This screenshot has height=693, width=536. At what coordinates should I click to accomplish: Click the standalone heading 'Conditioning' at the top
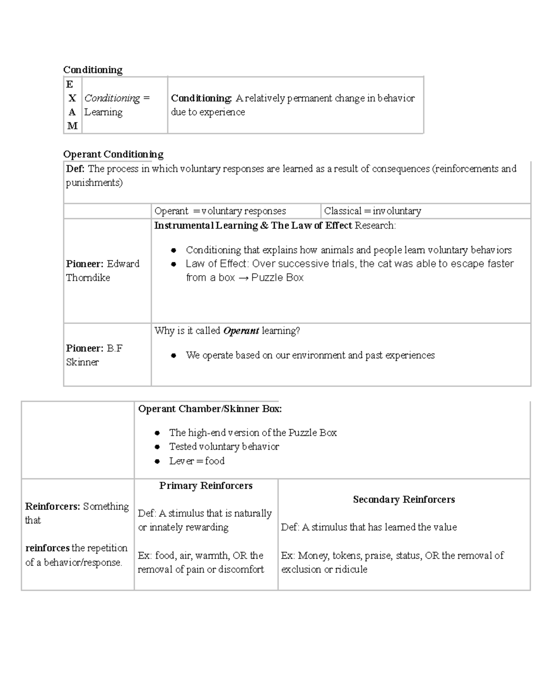click(92, 70)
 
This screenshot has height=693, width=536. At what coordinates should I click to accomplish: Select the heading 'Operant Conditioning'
click(113, 154)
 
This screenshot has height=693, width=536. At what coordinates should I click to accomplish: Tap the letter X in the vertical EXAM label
click(72, 98)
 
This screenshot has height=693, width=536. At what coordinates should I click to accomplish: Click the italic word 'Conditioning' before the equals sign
click(112, 98)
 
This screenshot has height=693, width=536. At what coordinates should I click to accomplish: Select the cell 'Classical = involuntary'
click(373, 211)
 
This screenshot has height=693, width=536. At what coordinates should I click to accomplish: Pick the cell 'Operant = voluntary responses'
click(220, 211)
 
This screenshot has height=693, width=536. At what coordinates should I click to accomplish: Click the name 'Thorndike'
click(88, 278)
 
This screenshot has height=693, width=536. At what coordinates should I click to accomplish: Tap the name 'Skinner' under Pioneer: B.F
click(82, 362)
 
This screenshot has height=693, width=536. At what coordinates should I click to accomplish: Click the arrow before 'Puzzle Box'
click(243, 278)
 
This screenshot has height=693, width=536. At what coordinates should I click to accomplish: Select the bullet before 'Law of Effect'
click(174, 264)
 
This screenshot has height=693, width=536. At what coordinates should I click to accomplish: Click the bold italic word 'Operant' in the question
click(241, 331)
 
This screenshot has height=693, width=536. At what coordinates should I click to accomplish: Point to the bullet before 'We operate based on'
click(174, 356)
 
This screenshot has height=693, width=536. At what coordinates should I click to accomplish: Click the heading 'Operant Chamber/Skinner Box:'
click(210, 409)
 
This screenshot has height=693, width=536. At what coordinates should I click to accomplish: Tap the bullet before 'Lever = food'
click(157, 461)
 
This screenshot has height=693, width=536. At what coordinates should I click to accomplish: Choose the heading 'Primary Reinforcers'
click(206, 486)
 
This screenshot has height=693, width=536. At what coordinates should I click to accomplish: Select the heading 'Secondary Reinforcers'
click(404, 500)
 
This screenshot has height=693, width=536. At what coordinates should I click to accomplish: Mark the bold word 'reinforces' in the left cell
click(47, 548)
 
